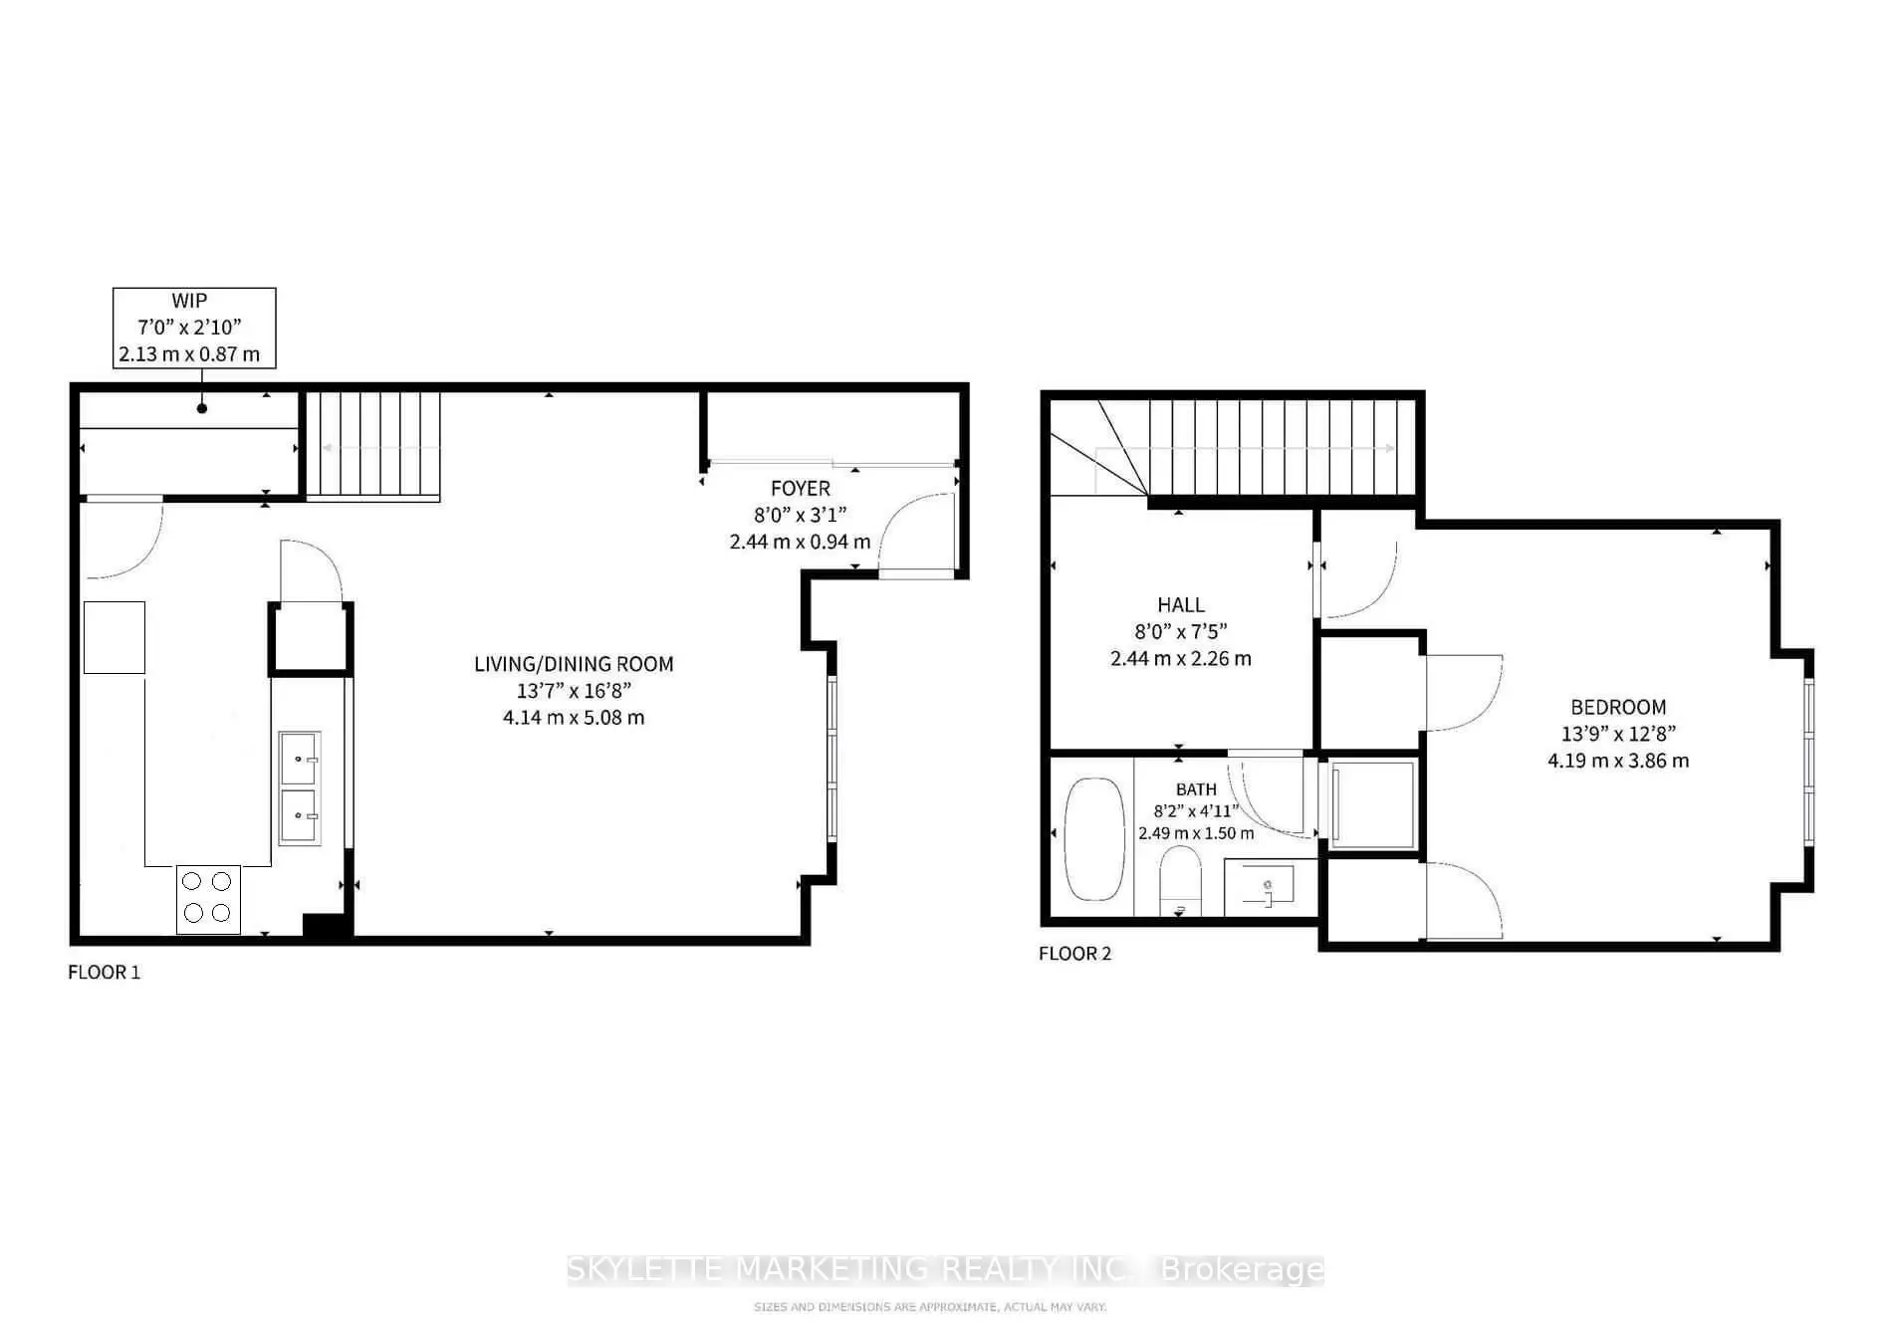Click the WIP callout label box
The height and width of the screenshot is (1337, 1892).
[194, 328]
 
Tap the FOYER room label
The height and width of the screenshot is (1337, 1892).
[801, 488]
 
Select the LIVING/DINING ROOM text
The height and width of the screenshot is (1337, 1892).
[574, 664]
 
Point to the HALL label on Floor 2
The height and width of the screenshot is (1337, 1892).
[1181, 604]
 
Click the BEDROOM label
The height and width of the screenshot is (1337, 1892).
[1618, 707]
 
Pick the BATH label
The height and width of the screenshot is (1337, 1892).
[1196, 789]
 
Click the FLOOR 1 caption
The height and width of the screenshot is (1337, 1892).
[105, 972]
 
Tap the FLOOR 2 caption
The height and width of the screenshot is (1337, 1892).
[1075, 953]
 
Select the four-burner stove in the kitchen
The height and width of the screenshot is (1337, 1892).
[208, 899]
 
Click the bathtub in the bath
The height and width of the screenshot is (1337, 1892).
[1095, 839]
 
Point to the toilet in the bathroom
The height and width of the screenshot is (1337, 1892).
[1181, 881]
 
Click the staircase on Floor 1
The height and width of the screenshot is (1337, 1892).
[372, 444]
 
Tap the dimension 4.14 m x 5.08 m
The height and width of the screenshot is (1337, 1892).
[574, 718]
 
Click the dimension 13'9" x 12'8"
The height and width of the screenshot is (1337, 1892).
[1618, 734]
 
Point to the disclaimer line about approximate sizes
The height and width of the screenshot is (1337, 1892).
[930, 1306]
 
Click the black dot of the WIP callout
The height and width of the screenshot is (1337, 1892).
[202, 408]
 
